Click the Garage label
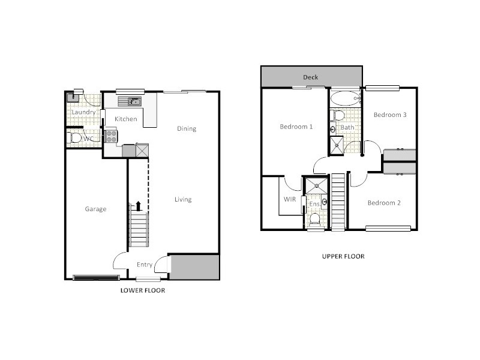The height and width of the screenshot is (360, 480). (x=95, y=209)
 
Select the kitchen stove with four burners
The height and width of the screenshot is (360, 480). (x=111, y=136)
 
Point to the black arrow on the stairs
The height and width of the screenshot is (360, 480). (x=138, y=206)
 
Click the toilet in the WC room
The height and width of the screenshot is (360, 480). (x=76, y=138)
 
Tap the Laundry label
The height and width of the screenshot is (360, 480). (x=83, y=112)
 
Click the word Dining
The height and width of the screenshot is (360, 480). (x=187, y=128)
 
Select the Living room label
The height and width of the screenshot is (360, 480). (x=183, y=200)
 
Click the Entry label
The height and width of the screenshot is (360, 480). (x=145, y=265)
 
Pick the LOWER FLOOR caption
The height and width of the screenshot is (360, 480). (x=142, y=290)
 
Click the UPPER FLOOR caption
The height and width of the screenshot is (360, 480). (x=343, y=256)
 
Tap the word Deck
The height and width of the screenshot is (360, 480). (x=310, y=77)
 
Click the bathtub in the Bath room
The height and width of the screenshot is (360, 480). (x=345, y=97)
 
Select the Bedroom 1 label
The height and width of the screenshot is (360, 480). (x=296, y=127)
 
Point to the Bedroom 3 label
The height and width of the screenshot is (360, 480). (x=390, y=115)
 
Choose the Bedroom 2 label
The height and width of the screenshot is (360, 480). (x=384, y=203)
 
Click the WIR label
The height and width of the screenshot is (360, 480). (x=289, y=199)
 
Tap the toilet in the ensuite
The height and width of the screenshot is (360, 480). (x=315, y=218)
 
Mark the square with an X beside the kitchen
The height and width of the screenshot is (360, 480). (x=142, y=150)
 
